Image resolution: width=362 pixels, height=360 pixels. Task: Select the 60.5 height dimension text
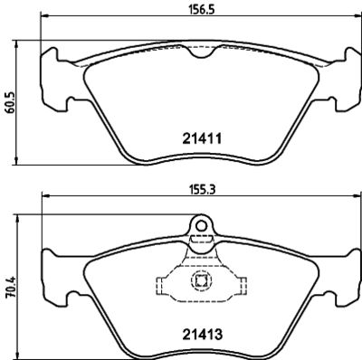pos(9,102)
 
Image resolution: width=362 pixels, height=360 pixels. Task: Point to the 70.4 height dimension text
pos(10,288)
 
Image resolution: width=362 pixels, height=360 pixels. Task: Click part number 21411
pos(202,138)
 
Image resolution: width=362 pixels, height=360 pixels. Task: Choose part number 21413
pos(202,334)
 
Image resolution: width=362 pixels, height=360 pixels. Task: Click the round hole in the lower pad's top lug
pos(201,225)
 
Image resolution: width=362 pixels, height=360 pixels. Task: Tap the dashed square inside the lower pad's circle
pos(201,281)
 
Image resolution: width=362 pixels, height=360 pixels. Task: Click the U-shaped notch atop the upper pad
pos(202,52)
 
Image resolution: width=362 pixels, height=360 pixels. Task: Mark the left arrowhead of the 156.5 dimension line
pos(44,15)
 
